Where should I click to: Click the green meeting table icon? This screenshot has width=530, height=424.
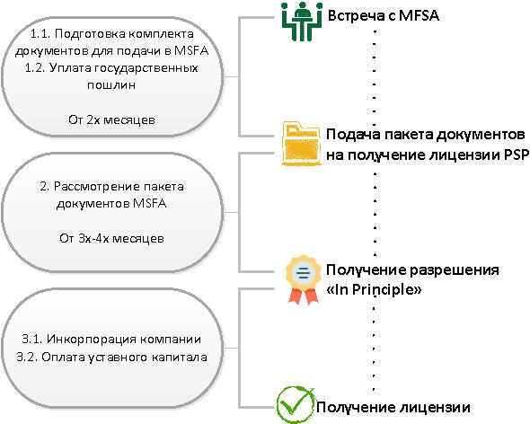pyautogui.click(x=302, y=22)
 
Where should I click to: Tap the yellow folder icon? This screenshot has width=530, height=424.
pyautogui.click(x=301, y=144)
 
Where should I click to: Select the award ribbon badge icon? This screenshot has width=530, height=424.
pyautogui.click(x=304, y=279)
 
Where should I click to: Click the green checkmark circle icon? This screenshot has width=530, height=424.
pyautogui.click(x=296, y=405)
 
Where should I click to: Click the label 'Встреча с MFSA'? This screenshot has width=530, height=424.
pyautogui.click(x=384, y=15)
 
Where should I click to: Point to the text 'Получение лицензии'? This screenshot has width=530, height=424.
pyautogui.click(x=393, y=407)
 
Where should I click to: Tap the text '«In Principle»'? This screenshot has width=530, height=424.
pyautogui.click(x=374, y=290)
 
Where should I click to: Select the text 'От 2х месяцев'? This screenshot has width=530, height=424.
pyautogui.click(x=111, y=119)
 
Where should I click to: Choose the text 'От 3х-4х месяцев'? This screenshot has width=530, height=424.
pyautogui.click(x=111, y=238)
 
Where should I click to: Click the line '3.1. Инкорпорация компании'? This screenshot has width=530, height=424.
pyautogui.click(x=111, y=339)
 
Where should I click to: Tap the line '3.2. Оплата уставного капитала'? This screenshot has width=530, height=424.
pyautogui.click(x=111, y=357)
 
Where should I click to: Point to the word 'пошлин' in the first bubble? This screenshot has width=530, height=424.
pyautogui.click(x=111, y=84)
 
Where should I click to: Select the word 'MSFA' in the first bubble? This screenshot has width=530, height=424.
pyautogui.click(x=191, y=50)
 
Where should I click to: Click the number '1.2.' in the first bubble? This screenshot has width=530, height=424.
pyautogui.click(x=35, y=67)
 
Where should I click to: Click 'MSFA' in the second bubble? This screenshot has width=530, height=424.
pyautogui.click(x=150, y=204)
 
